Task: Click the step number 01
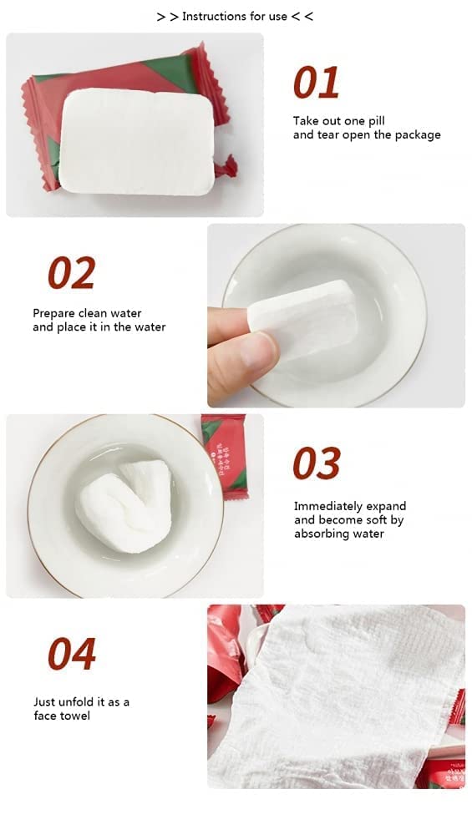(x=316, y=83)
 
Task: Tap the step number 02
(x=71, y=273)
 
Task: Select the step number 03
(x=317, y=463)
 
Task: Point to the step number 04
(x=72, y=654)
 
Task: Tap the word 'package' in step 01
(x=418, y=135)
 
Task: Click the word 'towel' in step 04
(x=75, y=716)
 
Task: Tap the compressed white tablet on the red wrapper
(x=137, y=141)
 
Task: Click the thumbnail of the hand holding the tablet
(x=336, y=316)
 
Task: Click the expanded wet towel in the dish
(x=124, y=505)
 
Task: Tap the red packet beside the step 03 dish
(x=224, y=457)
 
